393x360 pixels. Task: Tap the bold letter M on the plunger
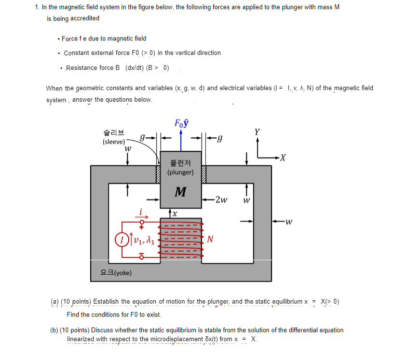[x=180, y=192]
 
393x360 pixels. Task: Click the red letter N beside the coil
[x=210, y=239]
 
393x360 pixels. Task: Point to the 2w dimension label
[x=222, y=199]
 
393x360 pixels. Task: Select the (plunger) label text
[x=180, y=172]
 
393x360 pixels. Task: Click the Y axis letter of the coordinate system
[x=257, y=132]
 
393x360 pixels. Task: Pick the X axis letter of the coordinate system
[x=283, y=157]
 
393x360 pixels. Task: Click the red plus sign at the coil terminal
[x=142, y=226]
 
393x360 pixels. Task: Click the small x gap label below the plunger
[x=176, y=213]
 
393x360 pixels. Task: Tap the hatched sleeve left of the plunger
[x=157, y=174]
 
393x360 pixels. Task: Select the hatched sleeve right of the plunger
[x=203, y=174]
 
